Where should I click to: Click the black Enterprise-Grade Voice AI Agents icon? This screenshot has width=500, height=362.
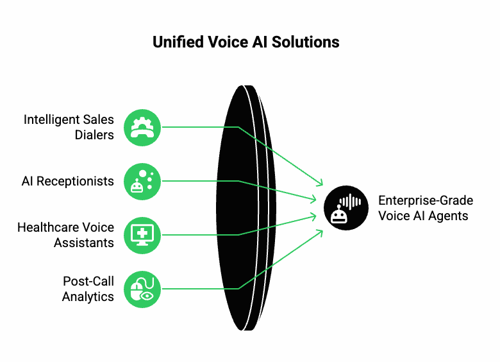346,208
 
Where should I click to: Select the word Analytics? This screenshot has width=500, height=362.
88,297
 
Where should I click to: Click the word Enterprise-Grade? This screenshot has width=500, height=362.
426,200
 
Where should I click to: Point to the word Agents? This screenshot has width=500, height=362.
449,216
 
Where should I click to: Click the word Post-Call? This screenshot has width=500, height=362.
88,281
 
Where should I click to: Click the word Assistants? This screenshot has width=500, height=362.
84,243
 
